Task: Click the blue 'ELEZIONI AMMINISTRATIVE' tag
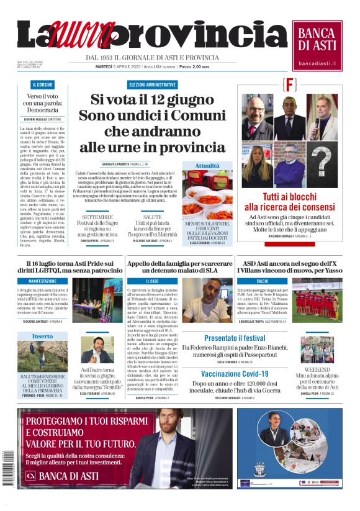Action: (153, 84)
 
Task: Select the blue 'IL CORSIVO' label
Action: (43, 84)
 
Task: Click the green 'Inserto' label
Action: (43, 336)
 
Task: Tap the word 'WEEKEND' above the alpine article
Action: (317, 369)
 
